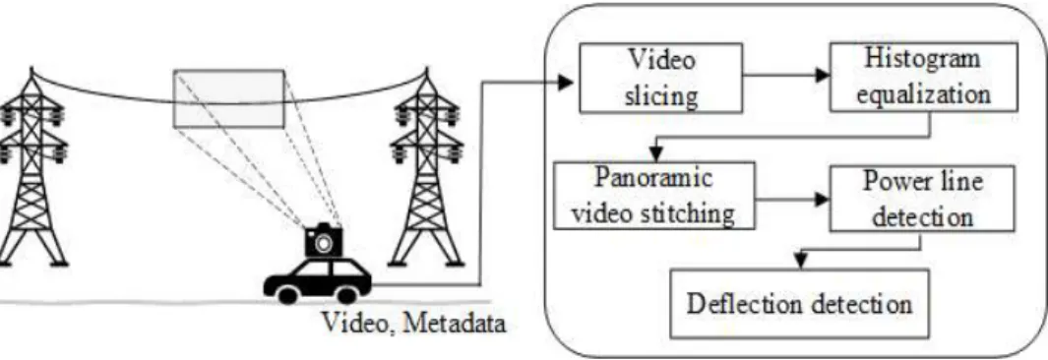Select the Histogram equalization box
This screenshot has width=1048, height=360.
pos(924,78)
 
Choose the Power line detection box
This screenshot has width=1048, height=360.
pos(922,200)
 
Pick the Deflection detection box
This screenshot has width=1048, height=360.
pos(799,303)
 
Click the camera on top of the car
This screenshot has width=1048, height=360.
pos(324,241)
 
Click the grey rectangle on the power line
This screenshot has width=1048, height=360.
pos(229,98)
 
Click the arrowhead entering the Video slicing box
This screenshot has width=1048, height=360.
pos(567,83)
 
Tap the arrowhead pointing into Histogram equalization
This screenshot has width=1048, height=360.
pos(822,76)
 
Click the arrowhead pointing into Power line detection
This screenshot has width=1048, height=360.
pos(822,199)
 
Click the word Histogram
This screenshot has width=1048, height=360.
pos(923,60)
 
